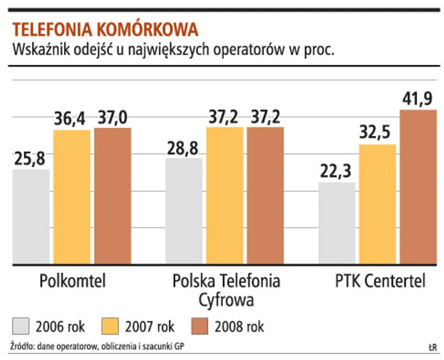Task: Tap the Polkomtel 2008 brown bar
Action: [112, 196]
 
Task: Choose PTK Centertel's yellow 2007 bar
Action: [378, 204]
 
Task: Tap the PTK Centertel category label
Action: [380, 281]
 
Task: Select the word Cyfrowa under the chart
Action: [226, 300]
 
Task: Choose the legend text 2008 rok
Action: [240, 326]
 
